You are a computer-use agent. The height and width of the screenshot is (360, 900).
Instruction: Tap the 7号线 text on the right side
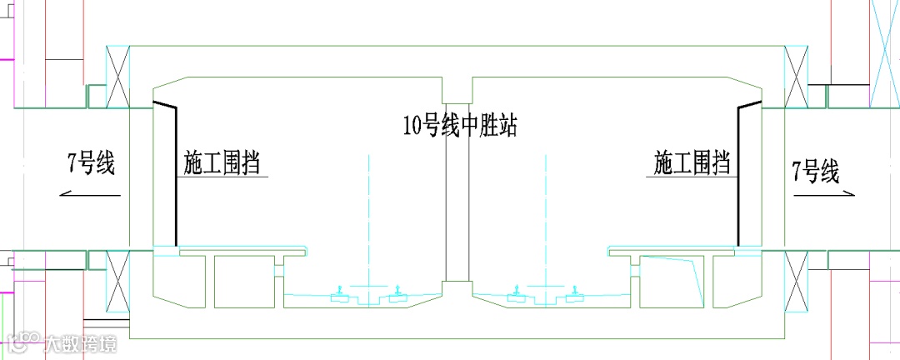816,172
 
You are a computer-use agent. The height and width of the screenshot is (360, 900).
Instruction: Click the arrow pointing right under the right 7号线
825,194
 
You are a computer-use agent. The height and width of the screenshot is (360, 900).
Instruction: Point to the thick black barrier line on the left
175,175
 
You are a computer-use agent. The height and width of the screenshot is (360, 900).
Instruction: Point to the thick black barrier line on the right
738,175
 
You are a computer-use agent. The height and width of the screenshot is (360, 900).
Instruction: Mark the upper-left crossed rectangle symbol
116,77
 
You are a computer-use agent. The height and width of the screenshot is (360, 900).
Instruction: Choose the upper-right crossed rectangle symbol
797,77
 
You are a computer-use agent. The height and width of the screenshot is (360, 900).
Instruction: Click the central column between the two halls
457,183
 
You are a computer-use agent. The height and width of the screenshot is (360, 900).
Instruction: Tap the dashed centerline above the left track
367,217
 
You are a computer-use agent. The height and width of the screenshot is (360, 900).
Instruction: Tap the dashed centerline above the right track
547,217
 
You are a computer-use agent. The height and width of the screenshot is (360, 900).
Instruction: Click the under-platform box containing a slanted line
672,280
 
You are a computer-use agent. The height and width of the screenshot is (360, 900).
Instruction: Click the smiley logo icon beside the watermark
24,342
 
